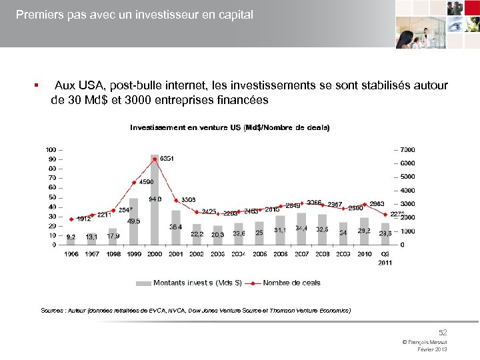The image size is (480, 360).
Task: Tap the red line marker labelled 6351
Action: [x=155, y=159]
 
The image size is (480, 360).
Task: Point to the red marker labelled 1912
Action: [x=71, y=219]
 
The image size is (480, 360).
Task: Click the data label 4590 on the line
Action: [x=147, y=181]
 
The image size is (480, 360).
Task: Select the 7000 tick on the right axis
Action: [x=407, y=149]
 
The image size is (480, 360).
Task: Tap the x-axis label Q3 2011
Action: [x=386, y=258]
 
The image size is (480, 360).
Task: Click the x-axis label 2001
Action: [x=176, y=254]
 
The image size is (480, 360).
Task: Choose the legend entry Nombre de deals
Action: [x=291, y=283]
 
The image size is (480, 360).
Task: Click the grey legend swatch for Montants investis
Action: [x=143, y=283]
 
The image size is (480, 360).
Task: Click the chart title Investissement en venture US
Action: [x=229, y=127]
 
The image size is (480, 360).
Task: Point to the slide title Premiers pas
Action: [x=134, y=14]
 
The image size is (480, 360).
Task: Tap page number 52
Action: [x=443, y=331]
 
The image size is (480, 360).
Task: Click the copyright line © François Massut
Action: [x=425, y=342]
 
